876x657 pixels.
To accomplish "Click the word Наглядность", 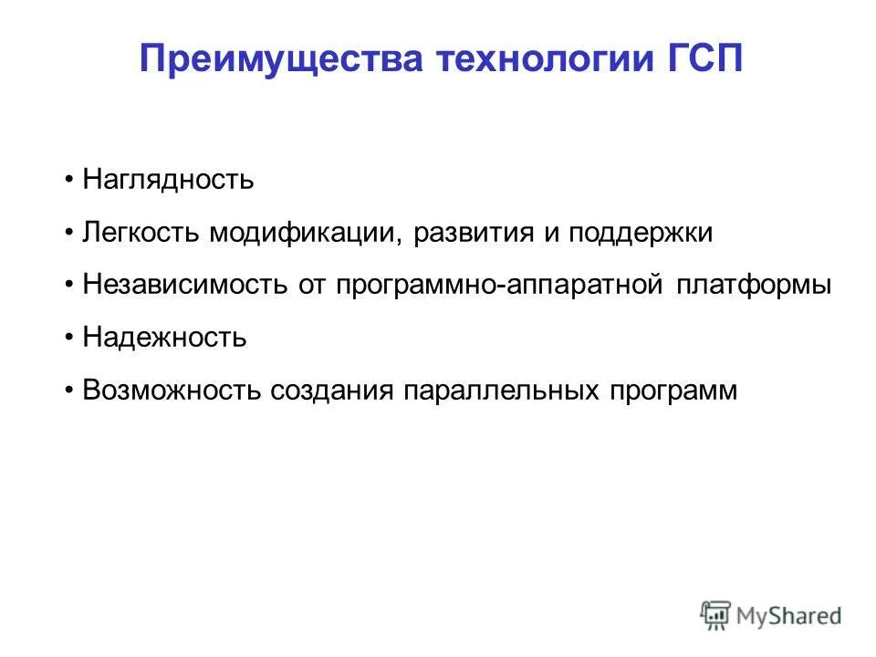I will (x=168, y=180).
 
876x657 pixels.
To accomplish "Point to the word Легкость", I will (x=142, y=233).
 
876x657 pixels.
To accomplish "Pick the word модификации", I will (x=306, y=233).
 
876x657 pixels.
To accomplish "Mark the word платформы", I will (x=754, y=286).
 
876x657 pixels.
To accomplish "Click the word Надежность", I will (x=164, y=338).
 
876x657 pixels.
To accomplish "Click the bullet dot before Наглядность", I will (x=70, y=180).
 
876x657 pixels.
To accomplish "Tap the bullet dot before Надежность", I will (x=70, y=338).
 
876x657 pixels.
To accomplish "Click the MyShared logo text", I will (x=789, y=615).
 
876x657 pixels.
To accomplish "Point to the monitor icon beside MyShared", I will (x=716, y=615).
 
